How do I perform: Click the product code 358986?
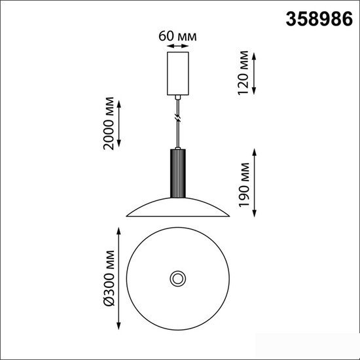click(319, 19)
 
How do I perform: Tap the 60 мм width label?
click(177, 36)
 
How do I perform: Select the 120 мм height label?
click(243, 73)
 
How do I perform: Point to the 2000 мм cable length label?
click(109, 124)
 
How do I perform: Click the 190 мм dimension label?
click(244, 185)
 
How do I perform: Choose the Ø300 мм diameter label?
click(109, 278)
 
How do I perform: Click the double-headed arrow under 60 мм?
click(177, 46)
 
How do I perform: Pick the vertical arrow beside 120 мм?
click(254, 73)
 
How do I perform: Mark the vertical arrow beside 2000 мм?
click(119, 124)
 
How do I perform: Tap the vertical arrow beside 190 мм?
click(254, 183)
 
